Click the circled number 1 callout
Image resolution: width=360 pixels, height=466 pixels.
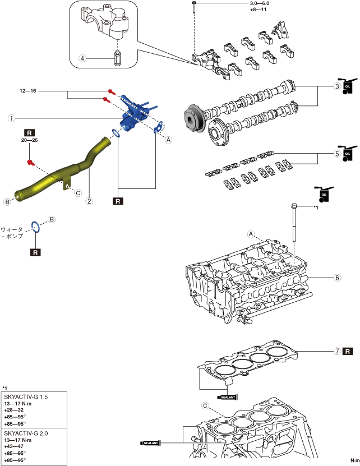(11, 118)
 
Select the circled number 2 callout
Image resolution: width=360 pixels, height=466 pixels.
(89, 201)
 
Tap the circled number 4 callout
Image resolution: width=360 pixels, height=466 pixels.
(82, 58)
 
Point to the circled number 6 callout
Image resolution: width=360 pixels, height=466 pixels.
(337, 278)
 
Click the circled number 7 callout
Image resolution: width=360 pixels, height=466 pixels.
(337, 351)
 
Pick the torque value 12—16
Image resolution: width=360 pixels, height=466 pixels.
(28, 91)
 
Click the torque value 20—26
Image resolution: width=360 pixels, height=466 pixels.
(29, 140)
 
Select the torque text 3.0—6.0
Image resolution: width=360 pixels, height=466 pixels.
(260, 3)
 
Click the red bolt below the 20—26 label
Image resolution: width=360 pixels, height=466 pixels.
(31, 163)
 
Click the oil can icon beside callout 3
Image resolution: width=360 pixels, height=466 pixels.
(349, 86)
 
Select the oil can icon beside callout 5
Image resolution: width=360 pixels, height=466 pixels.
(349, 153)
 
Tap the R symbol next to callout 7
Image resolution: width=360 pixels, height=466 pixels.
(348, 351)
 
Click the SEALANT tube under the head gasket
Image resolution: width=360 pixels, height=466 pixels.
(227, 397)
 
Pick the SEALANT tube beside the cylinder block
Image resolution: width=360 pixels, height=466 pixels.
(150, 443)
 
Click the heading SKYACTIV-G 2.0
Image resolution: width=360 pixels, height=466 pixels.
(26, 433)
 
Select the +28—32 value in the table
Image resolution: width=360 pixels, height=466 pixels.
(14, 410)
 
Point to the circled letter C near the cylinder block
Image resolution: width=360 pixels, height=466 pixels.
(205, 405)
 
